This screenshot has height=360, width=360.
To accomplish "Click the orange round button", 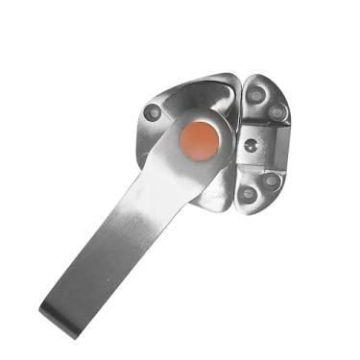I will coord(200,140).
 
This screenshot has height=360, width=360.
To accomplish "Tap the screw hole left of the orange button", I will coord(153,112).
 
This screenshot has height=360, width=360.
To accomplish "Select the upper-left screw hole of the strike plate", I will coord(255,96).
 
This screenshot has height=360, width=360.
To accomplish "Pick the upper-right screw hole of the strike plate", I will coord(277,112).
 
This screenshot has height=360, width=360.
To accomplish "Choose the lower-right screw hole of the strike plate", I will coord(271,180).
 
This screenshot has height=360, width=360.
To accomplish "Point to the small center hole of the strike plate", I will coord(251,146).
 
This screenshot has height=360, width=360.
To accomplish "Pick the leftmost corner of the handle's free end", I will coord(41,309).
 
